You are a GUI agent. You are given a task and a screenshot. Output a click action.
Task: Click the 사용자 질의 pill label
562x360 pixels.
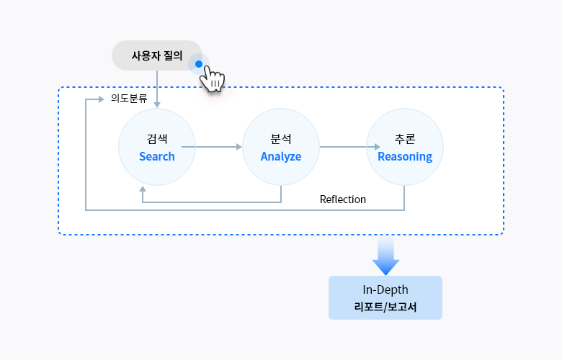click(156, 55)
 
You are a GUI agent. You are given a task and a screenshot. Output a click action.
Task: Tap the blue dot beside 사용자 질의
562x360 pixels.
click(199, 64)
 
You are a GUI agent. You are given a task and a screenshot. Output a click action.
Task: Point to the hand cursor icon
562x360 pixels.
click(212, 79)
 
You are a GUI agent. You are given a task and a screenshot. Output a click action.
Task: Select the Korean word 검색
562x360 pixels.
click(157, 138)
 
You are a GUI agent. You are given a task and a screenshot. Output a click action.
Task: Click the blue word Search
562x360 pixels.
click(157, 156)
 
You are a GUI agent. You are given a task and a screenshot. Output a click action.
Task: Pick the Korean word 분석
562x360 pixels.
click(281, 138)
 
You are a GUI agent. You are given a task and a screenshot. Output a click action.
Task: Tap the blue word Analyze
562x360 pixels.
click(281, 156)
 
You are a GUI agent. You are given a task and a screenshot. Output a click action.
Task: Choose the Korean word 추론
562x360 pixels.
click(405, 138)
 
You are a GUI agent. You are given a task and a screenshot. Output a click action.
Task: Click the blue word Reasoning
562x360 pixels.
click(405, 156)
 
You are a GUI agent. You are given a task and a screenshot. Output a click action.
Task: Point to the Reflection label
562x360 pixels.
click(343, 199)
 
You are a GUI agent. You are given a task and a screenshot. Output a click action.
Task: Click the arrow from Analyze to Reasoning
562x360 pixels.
click(342, 147)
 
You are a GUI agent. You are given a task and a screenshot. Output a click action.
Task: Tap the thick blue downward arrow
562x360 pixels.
click(386, 257)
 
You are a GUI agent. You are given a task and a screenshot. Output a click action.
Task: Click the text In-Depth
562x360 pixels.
click(385, 289)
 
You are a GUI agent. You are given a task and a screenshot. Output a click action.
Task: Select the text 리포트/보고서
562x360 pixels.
click(385, 307)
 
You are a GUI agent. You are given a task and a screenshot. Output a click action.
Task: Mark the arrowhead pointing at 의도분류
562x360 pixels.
click(102, 99)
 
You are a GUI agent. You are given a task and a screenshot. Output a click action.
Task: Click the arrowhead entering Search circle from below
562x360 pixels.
click(143, 188)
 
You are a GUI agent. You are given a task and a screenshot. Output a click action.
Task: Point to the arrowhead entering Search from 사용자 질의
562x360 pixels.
click(157, 105)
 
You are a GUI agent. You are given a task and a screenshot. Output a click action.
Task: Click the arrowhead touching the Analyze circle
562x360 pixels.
click(239, 147)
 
